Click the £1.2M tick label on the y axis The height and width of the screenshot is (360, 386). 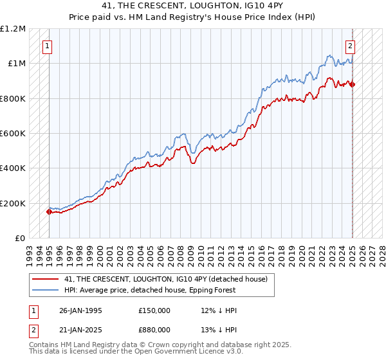[13, 29]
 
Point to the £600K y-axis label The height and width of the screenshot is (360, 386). [13, 134]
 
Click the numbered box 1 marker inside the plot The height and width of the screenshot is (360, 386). [49, 46]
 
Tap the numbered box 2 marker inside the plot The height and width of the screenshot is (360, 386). [351, 46]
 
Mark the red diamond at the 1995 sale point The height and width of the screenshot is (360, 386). [50, 212]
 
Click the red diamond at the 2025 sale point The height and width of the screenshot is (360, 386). [353, 84]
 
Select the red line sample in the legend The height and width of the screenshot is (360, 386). [46, 278]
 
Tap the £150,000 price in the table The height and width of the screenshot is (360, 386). [154, 310]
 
